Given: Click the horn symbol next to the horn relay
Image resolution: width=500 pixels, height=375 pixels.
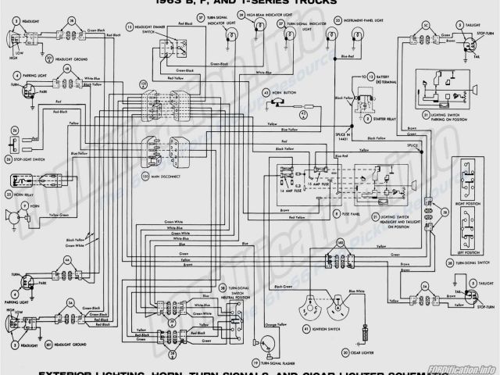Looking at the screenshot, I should [x=12, y=216].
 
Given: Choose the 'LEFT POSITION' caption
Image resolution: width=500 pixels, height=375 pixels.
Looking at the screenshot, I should [x=469, y=252].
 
